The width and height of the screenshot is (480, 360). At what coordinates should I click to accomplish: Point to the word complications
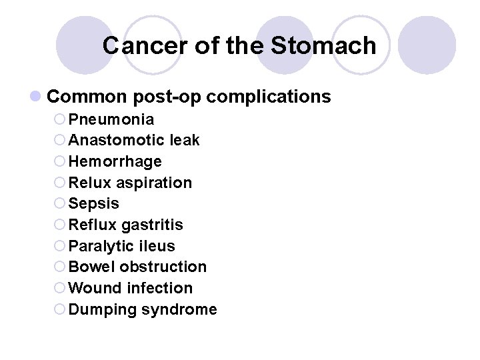(269, 97)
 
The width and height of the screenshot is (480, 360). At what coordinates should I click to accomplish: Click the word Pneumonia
(111, 119)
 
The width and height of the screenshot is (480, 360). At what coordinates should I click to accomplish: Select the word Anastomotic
(117, 141)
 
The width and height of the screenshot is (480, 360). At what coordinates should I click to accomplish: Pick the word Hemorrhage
(115, 162)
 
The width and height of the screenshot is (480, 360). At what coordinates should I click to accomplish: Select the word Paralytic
(100, 246)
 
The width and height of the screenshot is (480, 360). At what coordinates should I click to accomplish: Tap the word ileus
(156, 246)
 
